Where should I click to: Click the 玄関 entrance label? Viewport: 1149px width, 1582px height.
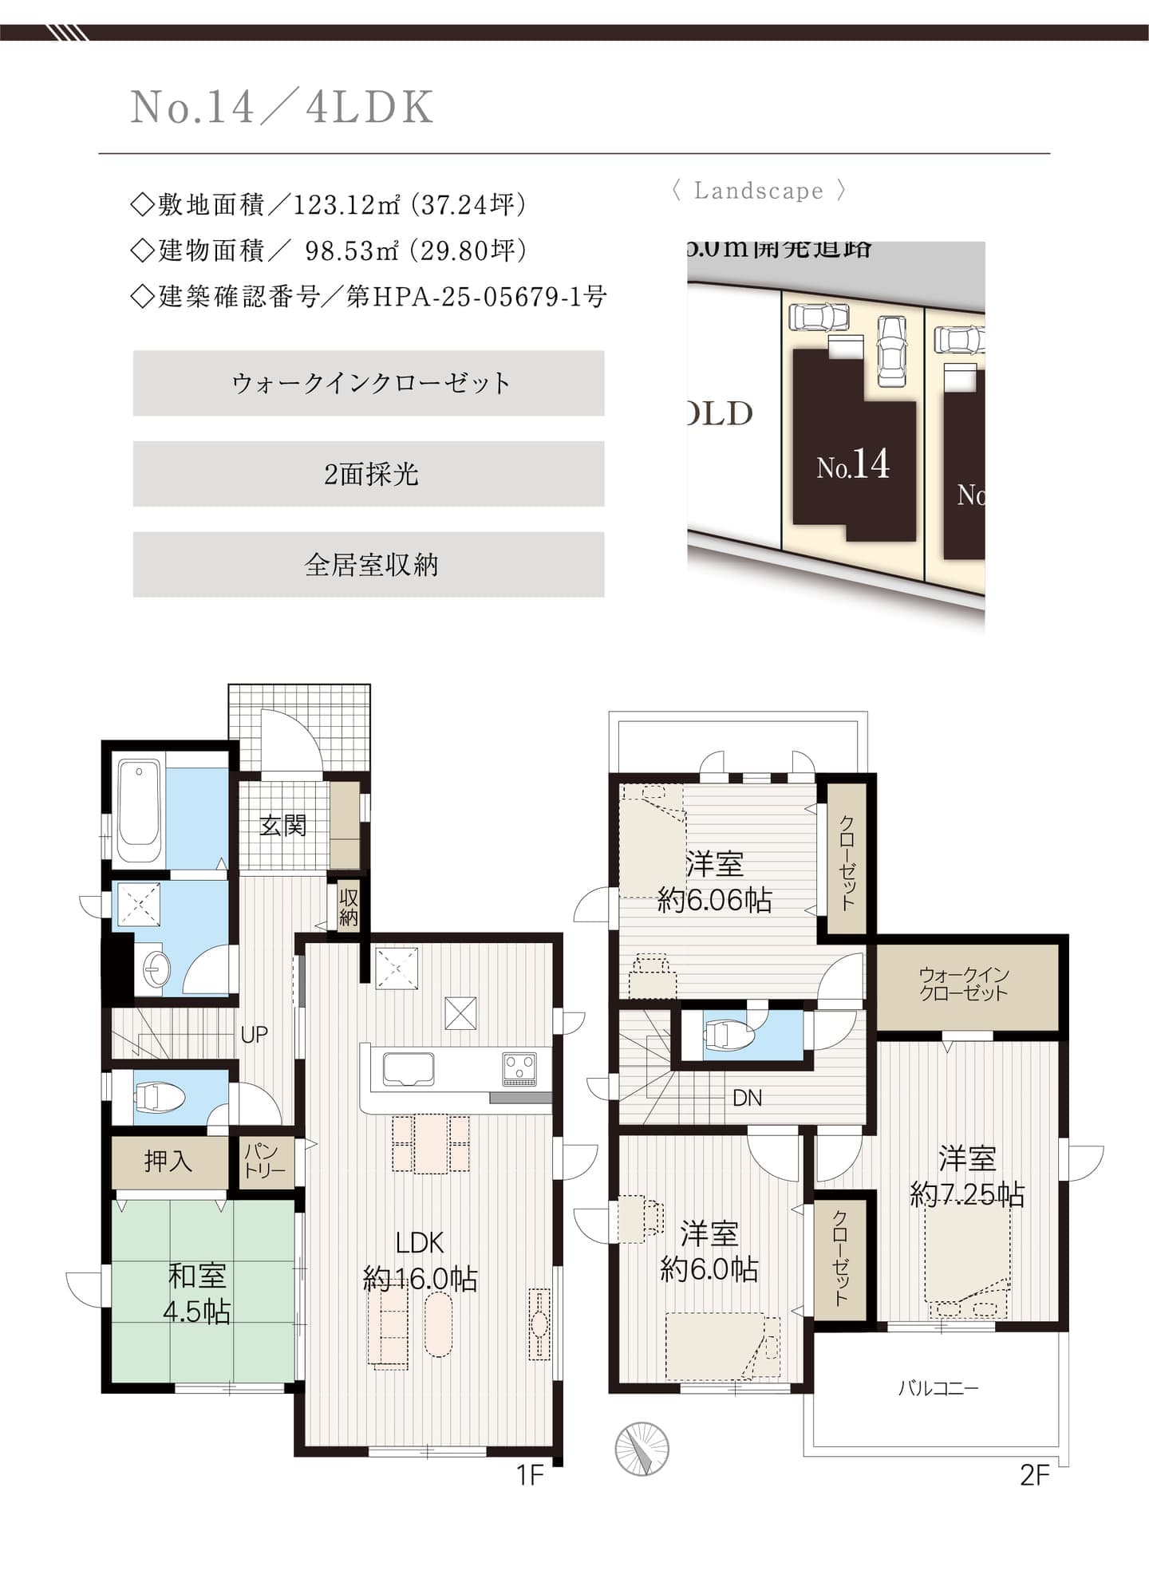(x=282, y=825)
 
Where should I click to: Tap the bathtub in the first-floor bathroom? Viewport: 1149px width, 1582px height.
(x=139, y=812)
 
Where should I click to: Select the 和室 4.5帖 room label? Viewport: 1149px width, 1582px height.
(x=197, y=1293)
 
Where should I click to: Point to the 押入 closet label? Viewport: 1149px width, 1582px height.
(x=168, y=1161)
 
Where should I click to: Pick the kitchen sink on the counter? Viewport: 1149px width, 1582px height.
(x=409, y=1069)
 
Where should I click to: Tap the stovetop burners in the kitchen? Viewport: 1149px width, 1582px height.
(x=519, y=1068)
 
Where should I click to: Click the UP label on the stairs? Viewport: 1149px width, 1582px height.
(x=254, y=1035)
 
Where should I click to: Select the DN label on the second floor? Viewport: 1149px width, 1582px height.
(x=747, y=1099)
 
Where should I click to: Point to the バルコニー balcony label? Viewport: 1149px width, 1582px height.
(x=938, y=1388)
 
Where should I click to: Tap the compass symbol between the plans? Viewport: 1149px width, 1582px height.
(x=642, y=1449)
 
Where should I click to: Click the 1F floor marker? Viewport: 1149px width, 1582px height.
(x=530, y=1475)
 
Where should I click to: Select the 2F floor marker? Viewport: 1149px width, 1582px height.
(x=1034, y=1475)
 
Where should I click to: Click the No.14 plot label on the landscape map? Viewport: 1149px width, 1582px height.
(x=852, y=464)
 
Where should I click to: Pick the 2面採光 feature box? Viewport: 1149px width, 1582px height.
(x=369, y=474)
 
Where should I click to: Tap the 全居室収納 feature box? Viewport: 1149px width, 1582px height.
(x=369, y=565)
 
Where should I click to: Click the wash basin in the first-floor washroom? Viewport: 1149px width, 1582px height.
(x=155, y=969)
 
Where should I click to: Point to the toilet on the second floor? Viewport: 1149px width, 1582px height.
(x=728, y=1036)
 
